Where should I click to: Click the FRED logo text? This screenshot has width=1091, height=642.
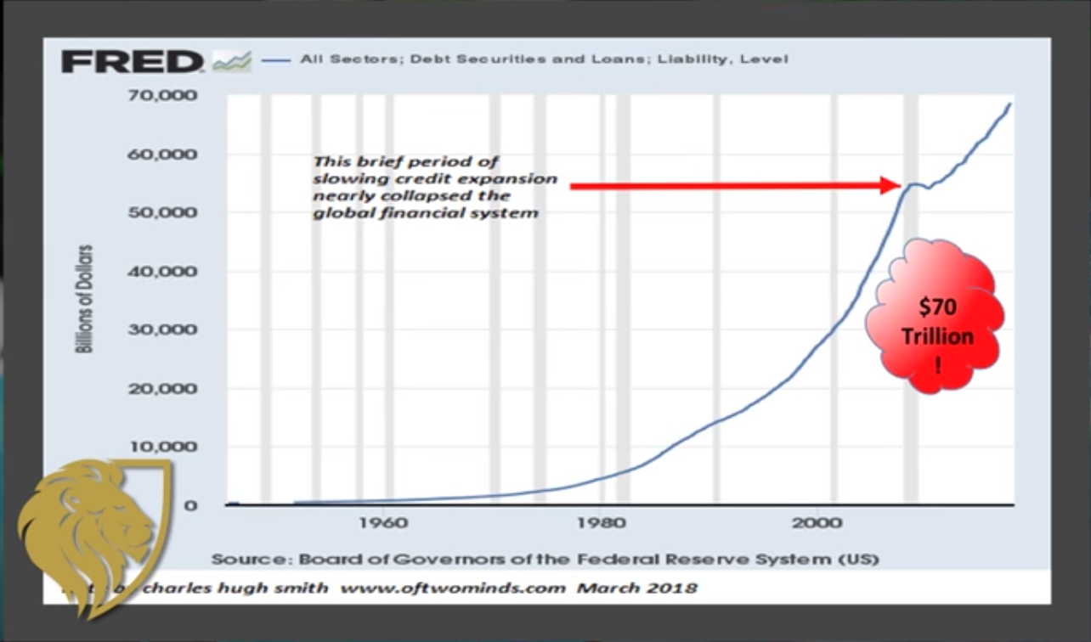click(132, 62)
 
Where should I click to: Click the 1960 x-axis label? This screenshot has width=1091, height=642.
click(383, 522)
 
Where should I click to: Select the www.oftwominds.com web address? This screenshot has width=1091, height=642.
click(452, 588)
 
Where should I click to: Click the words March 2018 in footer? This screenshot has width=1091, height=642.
click(637, 588)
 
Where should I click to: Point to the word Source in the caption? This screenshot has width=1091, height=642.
click(242, 559)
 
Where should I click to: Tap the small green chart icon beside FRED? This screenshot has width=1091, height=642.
click(231, 61)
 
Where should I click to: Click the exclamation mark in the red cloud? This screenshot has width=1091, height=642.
click(938, 368)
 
